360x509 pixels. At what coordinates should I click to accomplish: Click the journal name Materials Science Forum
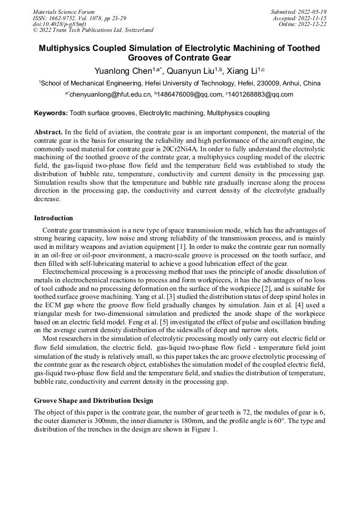64,12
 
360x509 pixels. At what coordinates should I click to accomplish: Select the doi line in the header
59,24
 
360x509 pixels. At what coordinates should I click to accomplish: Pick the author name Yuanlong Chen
123,71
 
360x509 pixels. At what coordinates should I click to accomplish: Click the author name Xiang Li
242,71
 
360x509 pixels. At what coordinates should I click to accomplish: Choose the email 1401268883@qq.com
262,94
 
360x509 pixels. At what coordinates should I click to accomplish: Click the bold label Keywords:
51,113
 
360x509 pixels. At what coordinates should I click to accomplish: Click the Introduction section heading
54,218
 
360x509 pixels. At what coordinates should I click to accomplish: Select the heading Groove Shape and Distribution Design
93,400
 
